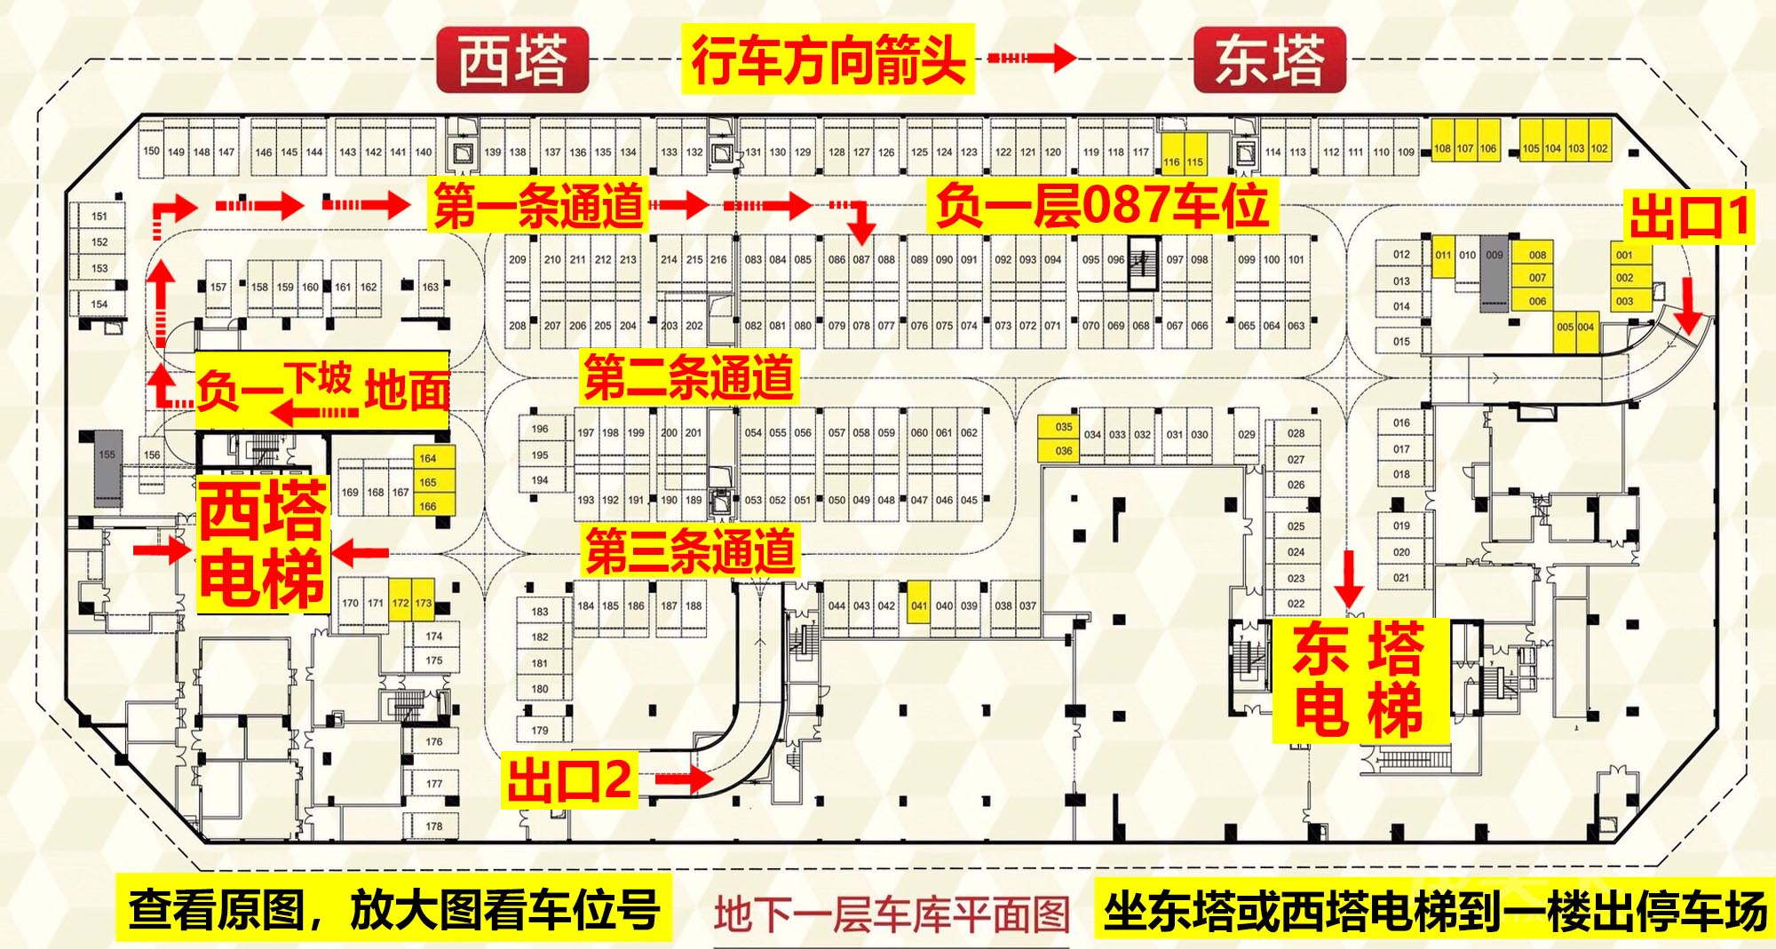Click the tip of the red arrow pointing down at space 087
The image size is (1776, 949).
click(x=860, y=242)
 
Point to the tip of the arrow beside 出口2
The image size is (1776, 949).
click(x=715, y=780)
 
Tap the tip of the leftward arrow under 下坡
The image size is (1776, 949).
click(x=272, y=413)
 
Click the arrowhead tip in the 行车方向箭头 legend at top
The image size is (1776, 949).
click(x=1076, y=59)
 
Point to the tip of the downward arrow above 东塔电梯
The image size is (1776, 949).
click(x=1349, y=606)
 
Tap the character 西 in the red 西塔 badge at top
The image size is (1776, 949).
click(x=485, y=60)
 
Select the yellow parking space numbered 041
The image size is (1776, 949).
click(x=919, y=605)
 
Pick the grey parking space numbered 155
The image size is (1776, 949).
click(x=107, y=455)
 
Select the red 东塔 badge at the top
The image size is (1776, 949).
click(x=1269, y=59)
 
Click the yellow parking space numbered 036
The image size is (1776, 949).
click(x=1064, y=450)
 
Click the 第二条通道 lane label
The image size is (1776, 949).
click(x=688, y=377)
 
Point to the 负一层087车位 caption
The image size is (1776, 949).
click(x=1101, y=206)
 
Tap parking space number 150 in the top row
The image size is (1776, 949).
click(x=152, y=151)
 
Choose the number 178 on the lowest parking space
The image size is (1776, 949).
click(x=433, y=826)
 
